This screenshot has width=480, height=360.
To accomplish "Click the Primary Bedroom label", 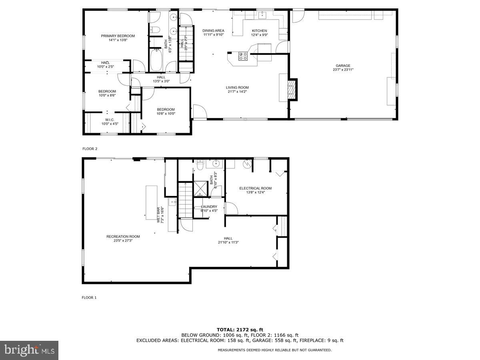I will (118, 36).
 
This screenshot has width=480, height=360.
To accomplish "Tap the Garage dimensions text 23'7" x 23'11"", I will (343, 70).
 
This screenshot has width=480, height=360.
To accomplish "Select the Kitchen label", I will (259, 31).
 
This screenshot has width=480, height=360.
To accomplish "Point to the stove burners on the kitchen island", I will (243, 56).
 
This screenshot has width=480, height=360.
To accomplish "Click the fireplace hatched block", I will (293, 89).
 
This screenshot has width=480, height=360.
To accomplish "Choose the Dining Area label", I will (213, 30).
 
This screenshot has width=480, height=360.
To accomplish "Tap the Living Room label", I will (237, 87).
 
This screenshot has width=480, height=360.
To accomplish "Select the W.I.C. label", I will (110, 120).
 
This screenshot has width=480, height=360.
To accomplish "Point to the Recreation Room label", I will (123, 236).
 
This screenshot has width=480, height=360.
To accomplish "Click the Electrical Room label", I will (255, 188).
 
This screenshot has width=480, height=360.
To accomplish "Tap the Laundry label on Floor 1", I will (209, 206).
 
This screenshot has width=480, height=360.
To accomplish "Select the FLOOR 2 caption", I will (90, 149).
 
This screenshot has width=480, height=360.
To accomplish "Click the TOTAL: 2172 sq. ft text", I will (240, 329).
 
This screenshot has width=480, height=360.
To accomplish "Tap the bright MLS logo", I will (29, 350).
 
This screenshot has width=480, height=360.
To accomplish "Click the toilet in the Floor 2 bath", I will (155, 29).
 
